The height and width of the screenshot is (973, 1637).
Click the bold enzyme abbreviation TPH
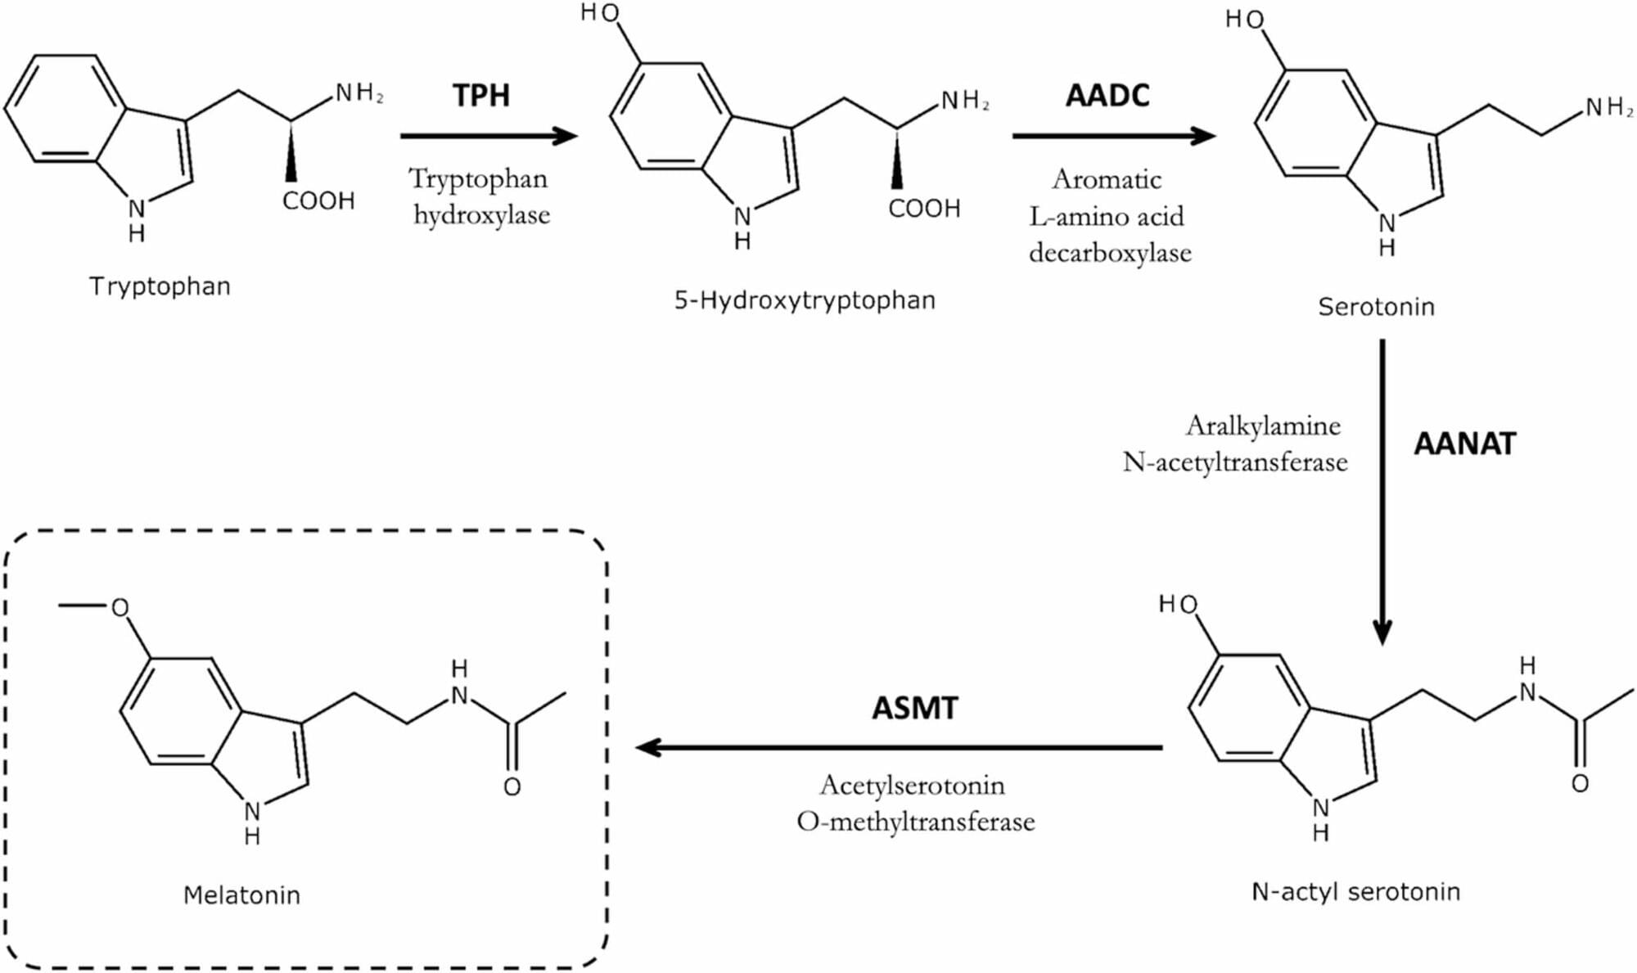pos(481,96)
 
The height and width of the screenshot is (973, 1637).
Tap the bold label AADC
pos(1107,96)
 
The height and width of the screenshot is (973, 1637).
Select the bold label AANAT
pos(1465,444)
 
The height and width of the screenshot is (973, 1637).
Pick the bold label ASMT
pos(914,709)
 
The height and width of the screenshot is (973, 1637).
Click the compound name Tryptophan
pos(160,286)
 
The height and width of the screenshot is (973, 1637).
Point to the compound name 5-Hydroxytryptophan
pos(805,300)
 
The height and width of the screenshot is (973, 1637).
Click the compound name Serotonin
pos(1376,307)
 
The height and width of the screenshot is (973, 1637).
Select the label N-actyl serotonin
pos(1355,891)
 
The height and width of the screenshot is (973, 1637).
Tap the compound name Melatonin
pos(241,895)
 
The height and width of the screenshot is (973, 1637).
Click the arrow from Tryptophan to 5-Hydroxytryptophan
pos(489,136)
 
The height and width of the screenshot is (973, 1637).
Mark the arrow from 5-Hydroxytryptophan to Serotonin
pos(1113,136)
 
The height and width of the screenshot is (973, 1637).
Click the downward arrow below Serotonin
pos(1382,491)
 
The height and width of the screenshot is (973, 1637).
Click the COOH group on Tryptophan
pos(318,201)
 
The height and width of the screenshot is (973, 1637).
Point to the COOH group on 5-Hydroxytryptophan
pos(924,209)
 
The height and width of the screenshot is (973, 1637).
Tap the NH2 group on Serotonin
pos(1608,107)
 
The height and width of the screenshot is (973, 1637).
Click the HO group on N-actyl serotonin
pos(1179,605)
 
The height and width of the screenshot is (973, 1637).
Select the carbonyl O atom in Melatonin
pos(512,787)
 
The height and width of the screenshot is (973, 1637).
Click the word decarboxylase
pos(1110,253)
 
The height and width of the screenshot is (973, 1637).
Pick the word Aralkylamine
pos(1263,426)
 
